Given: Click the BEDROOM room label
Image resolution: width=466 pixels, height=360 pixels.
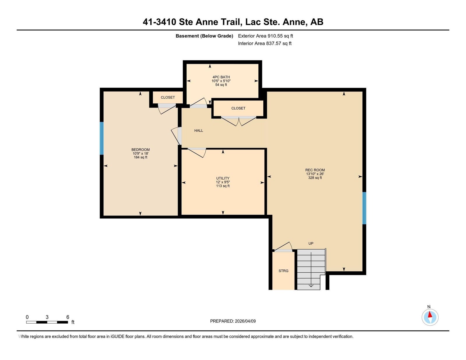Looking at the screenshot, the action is click(x=140, y=150).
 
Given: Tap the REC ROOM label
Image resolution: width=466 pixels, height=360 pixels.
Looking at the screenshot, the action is click(x=315, y=170).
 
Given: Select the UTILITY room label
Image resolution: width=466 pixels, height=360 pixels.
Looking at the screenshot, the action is click(x=223, y=178).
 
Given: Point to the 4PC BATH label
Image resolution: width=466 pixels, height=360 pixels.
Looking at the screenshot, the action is click(x=221, y=77).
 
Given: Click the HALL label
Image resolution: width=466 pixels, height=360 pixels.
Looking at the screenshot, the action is click(x=199, y=130).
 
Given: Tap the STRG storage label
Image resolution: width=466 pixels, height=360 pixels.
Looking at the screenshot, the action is click(x=283, y=271).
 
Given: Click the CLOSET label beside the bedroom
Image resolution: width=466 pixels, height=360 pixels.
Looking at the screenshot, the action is click(x=168, y=97).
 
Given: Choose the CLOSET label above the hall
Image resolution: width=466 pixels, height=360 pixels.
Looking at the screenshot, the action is click(x=238, y=108).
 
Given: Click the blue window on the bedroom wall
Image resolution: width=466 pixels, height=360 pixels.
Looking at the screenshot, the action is click(x=102, y=138).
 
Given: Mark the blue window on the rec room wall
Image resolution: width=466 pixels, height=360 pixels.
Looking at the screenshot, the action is click(x=364, y=208).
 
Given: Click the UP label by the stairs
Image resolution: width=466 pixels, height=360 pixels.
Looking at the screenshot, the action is click(x=311, y=243).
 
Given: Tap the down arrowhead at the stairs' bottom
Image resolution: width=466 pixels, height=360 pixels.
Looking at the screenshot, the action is click(x=311, y=286).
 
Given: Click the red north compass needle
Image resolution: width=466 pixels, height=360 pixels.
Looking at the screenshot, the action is click(x=430, y=314).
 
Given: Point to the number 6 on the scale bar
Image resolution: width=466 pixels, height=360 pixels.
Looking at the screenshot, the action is click(x=68, y=317).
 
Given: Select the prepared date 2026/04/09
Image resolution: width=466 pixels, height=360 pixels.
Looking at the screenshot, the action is click(x=245, y=321).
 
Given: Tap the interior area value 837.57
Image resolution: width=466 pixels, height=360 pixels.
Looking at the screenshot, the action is click(x=274, y=43).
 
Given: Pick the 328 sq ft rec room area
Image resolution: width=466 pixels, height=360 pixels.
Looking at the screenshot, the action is click(x=315, y=178).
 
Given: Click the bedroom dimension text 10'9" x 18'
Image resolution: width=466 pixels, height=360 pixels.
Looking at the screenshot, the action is click(x=140, y=153).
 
